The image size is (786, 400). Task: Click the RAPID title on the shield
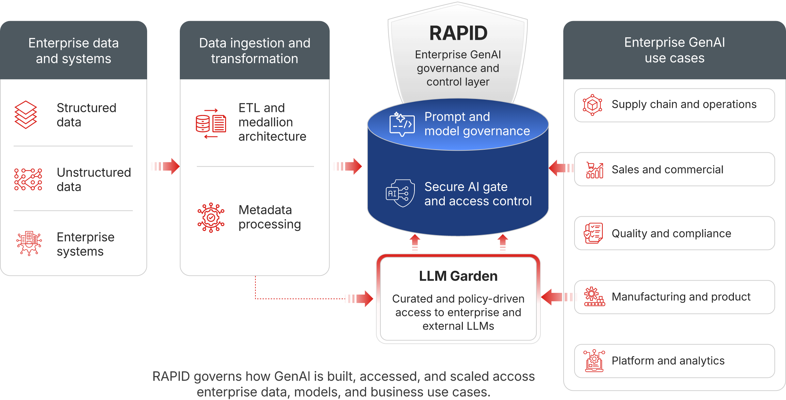pos(458,33)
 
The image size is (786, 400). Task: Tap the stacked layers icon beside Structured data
pos(26,115)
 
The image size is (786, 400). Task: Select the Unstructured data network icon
pos(28,179)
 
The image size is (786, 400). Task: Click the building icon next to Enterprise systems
pos(29,243)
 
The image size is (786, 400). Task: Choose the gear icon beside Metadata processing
pos(211,218)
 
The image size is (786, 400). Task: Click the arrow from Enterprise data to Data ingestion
pos(165,166)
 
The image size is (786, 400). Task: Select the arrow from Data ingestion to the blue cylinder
pos(347,166)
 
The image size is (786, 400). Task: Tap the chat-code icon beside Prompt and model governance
pos(402,124)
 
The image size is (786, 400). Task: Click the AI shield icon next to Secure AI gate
pos(400,193)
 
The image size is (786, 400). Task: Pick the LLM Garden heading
pos(458,276)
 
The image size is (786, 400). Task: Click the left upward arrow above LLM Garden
pos(415,243)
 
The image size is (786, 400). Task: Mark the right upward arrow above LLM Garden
pos(503,243)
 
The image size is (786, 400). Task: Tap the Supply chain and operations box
pos(674,105)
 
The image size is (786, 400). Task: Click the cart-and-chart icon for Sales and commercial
pos(595,170)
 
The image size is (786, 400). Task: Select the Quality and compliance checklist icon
pos(593,233)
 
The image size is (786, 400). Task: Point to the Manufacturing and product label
pos(681,297)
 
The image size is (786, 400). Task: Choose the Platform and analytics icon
pos(594,361)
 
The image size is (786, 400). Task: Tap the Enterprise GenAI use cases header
pos(674,50)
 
